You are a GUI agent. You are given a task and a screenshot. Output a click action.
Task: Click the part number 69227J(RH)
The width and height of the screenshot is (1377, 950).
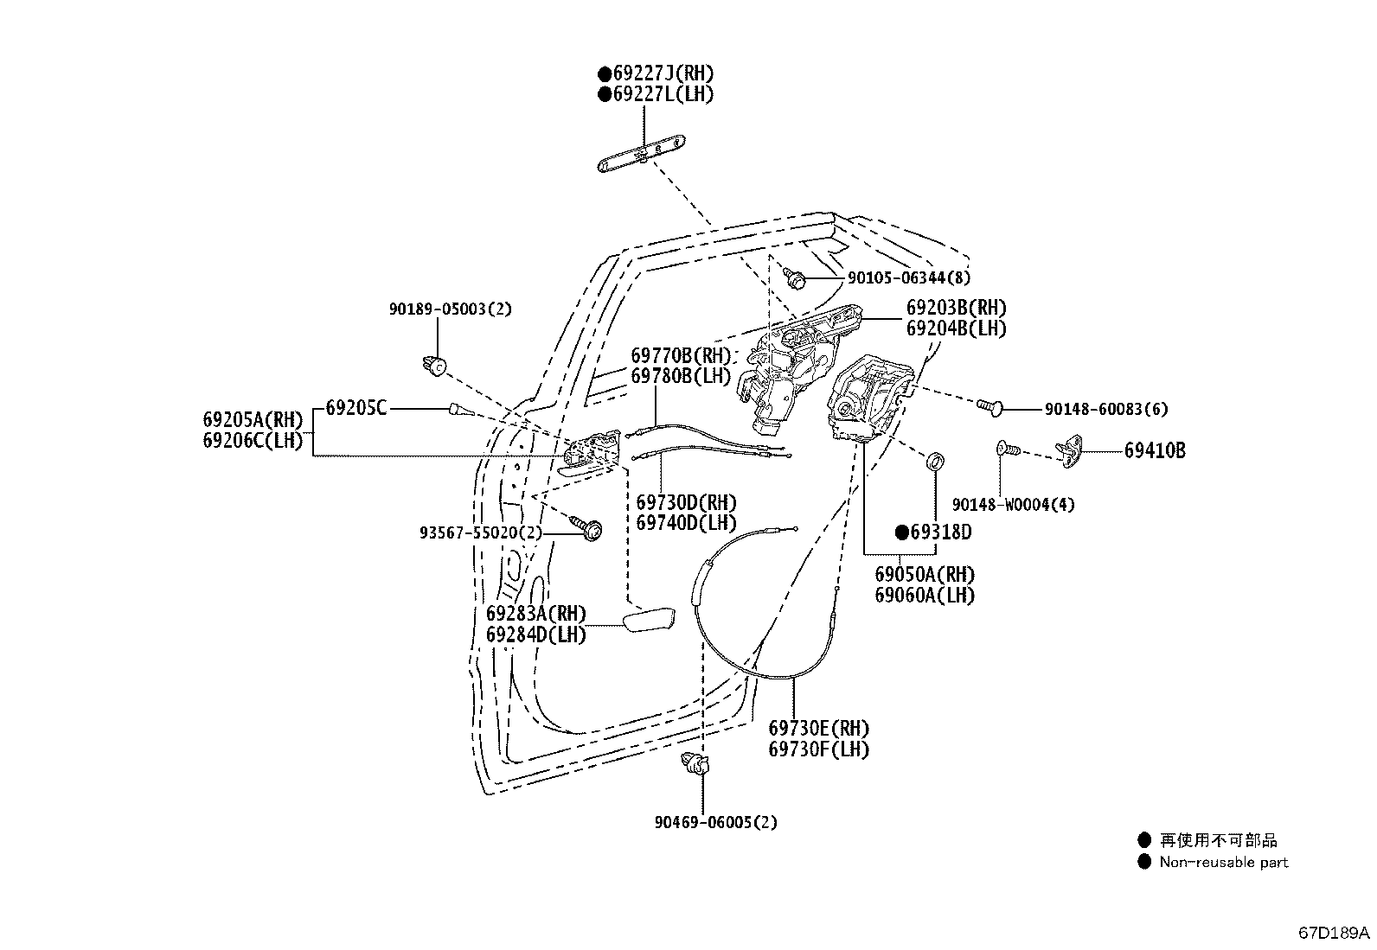[x=663, y=73]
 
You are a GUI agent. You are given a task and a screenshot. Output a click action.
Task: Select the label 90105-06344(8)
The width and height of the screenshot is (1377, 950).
[x=908, y=277]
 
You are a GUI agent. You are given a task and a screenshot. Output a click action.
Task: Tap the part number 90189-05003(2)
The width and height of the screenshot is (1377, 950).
[x=450, y=309]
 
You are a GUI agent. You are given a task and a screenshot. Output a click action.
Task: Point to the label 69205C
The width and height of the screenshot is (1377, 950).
[x=356, y=407]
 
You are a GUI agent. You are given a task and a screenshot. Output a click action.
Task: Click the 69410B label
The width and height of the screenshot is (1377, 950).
[x=1155, y=450]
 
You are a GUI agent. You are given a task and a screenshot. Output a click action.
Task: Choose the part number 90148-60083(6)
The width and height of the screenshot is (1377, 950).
[x=1106, y=409]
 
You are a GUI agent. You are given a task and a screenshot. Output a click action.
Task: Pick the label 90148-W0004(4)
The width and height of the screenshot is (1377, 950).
[x=1013, y=505]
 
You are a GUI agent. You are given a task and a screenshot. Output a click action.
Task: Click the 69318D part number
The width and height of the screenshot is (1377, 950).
[x=940, y=532]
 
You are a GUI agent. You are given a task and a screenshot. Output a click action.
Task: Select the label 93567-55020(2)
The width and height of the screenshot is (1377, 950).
[x=481, y=532]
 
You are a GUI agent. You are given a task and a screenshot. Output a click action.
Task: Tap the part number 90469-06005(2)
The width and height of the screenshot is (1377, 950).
[x=715, y=822]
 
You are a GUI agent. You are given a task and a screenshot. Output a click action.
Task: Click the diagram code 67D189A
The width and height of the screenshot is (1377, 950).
[x=1334, y=933]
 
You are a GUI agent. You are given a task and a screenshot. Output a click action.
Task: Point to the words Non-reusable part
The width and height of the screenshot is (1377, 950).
[x=1223, y=862]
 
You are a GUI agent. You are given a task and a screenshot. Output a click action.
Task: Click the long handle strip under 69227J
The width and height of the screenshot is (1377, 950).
[x=642, y=154]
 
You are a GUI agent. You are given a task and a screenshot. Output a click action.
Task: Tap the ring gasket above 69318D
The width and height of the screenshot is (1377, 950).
[x=935, y=461]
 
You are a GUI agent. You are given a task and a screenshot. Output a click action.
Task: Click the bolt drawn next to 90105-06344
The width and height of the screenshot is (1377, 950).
[x=794, y=278]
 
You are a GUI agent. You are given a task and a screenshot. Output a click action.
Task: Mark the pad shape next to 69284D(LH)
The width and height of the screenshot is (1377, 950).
[x=649, y=620]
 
